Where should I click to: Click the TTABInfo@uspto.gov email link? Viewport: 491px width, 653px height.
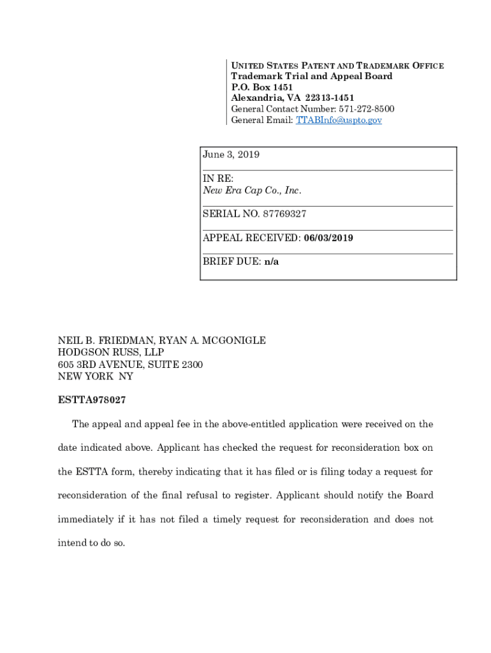coord(339,120)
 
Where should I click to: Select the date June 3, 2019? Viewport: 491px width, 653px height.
coord(231,155)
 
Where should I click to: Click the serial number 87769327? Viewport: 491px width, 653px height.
coord(279,214)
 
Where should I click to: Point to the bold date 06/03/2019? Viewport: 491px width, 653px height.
coord(328,238)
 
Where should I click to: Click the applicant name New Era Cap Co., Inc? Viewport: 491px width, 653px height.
coord(252,191)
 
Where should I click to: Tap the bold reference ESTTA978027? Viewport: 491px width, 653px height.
coord(92,400)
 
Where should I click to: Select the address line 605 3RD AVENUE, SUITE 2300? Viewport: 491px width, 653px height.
coord(131,364)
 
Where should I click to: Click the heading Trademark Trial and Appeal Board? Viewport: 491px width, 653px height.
coord(311,76)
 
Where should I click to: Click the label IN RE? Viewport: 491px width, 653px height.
coord(218,179)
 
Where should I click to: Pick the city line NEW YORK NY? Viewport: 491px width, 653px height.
coord(96,376)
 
